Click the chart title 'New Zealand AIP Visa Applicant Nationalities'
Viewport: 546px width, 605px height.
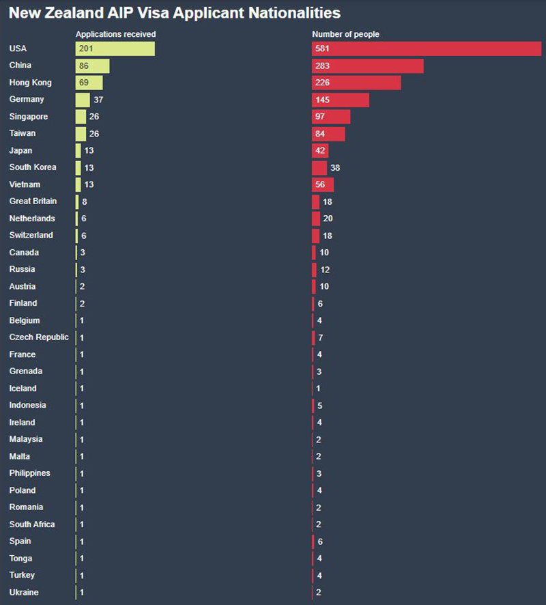coord(174,13)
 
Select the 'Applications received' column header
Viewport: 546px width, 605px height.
coord(115,34)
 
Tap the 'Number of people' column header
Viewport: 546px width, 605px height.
coord(345,34)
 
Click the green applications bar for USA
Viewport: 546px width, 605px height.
coord(115,48)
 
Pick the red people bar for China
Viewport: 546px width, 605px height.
coord(367,66)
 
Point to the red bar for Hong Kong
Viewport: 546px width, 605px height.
coord(356,83)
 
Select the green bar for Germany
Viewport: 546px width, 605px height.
coord(83,100)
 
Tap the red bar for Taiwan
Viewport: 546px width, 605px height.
coord(328,134)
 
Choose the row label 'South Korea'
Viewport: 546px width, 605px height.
coord(33,167)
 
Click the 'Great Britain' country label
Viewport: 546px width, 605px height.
coord(33,201)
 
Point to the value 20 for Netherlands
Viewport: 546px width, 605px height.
coord(328,219)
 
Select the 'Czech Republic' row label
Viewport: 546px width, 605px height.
coord(39,337)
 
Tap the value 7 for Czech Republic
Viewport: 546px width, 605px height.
coord(319,337)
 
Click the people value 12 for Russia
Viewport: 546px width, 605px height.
coord(325,270)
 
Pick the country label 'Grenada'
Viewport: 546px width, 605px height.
coord(26,371)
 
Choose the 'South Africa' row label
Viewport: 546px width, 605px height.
coord(32,524)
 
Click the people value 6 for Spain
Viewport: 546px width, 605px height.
coord(319,541)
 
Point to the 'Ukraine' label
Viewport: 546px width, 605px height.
coord(24,592)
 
